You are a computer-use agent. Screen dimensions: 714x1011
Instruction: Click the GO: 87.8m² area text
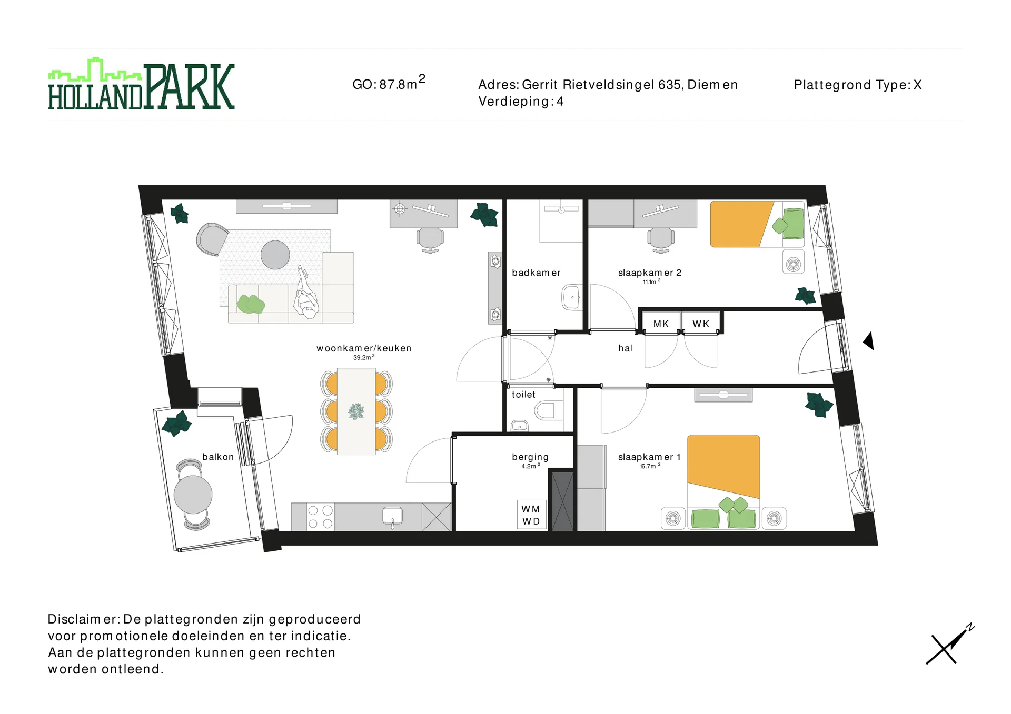[388, 84]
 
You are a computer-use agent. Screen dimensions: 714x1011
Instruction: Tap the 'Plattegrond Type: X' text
[857, 85]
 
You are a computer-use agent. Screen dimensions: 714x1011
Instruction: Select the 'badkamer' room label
[536, 273]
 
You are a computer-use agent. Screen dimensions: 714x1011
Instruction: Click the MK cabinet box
[660, 324]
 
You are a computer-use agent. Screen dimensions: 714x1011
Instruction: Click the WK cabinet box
[700, 324]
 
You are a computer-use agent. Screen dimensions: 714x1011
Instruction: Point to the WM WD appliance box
[531, 515]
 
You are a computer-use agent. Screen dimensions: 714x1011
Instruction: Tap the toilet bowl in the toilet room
[546, 410]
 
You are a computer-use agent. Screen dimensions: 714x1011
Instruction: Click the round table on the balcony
[193, 495]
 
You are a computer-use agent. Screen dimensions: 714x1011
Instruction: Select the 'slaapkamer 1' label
[649, 457]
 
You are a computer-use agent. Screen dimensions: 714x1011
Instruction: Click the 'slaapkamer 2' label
[649, 273]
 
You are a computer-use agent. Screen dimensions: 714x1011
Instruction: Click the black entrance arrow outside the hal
[869, 341]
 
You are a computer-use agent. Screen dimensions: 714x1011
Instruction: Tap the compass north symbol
[950, 645]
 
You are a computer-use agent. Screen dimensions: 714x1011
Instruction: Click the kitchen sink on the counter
[392, 515]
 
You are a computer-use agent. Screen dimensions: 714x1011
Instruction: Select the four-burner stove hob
[320, 517]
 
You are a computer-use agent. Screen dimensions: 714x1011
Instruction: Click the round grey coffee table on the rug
[275, 255]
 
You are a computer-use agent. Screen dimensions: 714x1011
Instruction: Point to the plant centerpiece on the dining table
[356, 411]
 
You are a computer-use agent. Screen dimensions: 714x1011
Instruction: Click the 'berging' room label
[530, 457]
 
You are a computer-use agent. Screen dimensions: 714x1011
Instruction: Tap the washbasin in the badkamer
[571, 297]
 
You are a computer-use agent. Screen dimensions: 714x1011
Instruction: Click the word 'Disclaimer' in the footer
[83, 619]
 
